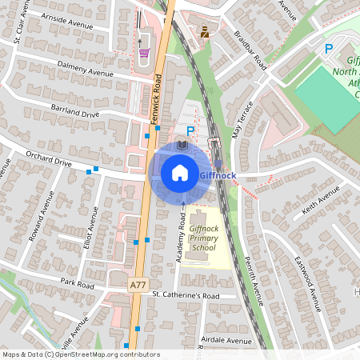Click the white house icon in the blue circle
tap(180, 172)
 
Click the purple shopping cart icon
tap(144, 54)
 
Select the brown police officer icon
tap(206, 32)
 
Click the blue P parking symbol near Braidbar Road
tap(328, 50)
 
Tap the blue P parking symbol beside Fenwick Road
tap(190, 130)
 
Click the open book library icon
tap(182, 145)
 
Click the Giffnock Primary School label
tap(203, 238)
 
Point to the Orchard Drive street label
tap(49, 162)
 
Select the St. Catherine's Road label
tap(186, 295)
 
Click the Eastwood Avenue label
tap(306, 276)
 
